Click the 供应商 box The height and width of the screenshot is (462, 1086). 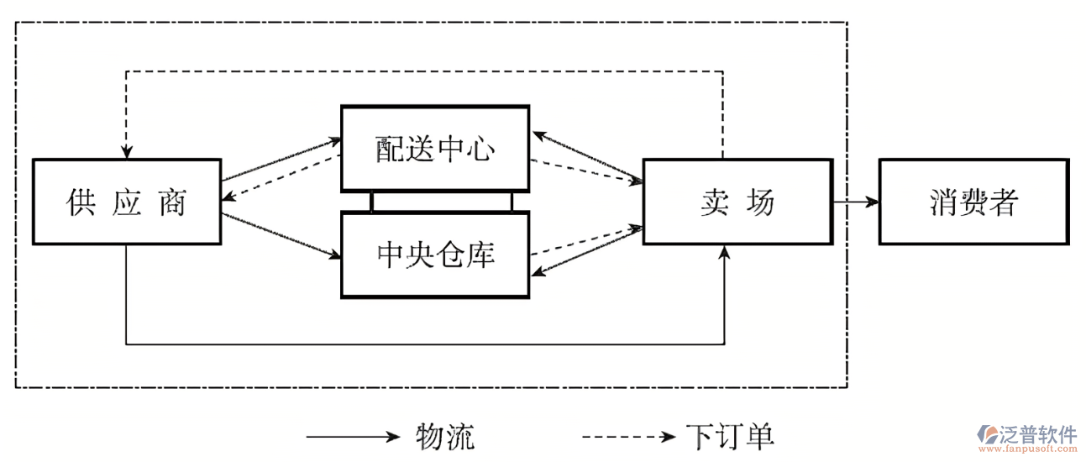pyautogui.click(x=127, y=202)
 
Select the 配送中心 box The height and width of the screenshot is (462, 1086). pyautogui.click(x=435, y=149)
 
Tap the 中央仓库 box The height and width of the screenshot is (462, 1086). pyautogui.click(x=435, y=255)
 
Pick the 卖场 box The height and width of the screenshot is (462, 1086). pyautogui.click(x=737, y=202)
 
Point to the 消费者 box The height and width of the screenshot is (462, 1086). pyautogui.click(x=974, y=202)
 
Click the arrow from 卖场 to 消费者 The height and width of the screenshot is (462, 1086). pyautogui.click(x=856, y=202)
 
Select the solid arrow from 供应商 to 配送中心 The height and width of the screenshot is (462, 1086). pyautogui.click(x=281, y=160)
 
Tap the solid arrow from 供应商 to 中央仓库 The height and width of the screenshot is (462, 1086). pyautogui.click(x=281, y=236)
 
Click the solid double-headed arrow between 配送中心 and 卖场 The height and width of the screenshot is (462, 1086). pyautogui.click(x=588, y=156)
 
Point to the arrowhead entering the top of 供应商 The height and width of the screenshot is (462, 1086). pyautogui.click(x=126, y=151)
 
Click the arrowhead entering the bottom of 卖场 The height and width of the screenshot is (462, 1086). pyautogui.click(x=724, y=252)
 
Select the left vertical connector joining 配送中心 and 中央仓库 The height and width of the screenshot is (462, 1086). pyautogui.click(x=372, y=202)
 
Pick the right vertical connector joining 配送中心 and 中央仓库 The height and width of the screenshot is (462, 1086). pyautogui.click(x=511, y=202)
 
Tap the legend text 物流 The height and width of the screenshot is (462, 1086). pyautogui.click(x=446, y=437)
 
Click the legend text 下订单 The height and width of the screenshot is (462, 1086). pyautogui.click(x=730, y=437)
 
